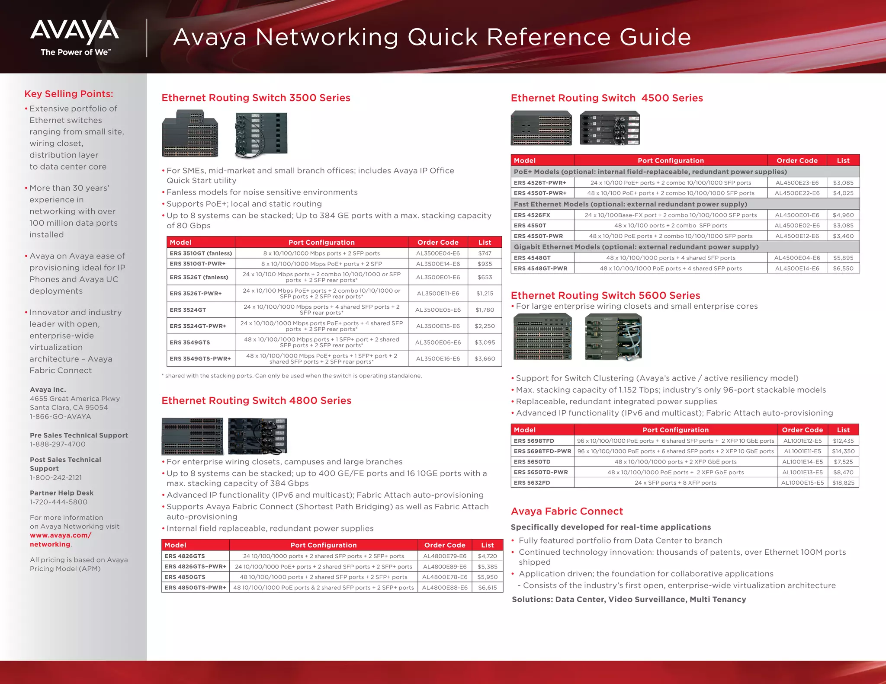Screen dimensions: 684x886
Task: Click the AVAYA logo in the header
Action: coord(74,32)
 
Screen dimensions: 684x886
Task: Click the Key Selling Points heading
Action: coord(68,94)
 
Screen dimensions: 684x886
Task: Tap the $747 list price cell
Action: coord(485,253)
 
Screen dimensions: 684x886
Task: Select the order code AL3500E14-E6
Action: coord(438,264)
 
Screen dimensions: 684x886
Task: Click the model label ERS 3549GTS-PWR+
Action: coord(200,358)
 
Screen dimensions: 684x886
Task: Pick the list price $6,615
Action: coord(487,588)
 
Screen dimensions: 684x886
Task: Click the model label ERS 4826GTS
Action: coord(185,556)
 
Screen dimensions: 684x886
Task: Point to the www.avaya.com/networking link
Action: coord(60,540)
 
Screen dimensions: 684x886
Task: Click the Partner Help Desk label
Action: coord(61,493)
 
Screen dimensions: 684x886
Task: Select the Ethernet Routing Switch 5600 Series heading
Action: coord(605,295)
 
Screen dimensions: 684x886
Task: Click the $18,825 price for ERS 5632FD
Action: coord(843,483)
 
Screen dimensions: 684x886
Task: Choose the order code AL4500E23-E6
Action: coord(797,183)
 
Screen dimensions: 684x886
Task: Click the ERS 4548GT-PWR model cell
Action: coord(540,268)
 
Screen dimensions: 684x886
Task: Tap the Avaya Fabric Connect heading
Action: coord(567,511)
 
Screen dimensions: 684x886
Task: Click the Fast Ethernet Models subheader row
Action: coord(630,204)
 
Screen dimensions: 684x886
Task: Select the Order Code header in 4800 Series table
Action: coord(445,545)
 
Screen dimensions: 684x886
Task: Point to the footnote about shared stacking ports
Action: coord(292,376)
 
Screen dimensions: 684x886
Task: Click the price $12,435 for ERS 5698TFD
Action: coord(843,441)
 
